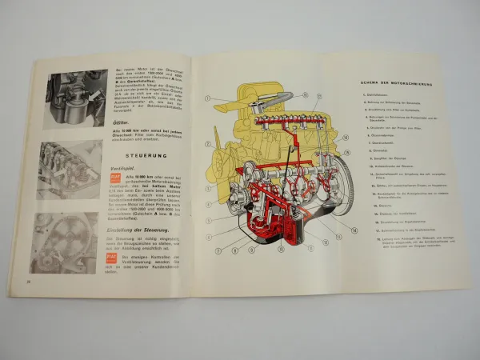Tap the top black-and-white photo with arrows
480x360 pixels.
pyautogui.click(x=77, y=98)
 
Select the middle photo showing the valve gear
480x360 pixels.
pyautogui.click(x=70, y=170)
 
